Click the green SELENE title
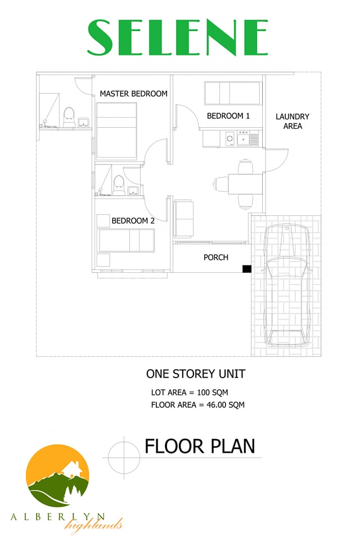(177, 37)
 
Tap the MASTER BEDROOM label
(134, 94)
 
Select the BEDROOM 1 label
(228, 116)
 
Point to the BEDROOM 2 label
(133, 220)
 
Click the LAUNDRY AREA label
(292, 121)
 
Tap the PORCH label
(216, 257)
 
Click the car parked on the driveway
(287, 285)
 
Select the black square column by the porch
(247, 269)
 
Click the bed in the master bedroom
(116, 131)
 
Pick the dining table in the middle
(245, 184)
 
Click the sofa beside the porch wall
(183, 219)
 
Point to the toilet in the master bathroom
(69, 117)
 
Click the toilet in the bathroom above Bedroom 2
(119, 185)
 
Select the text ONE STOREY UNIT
(196, 374)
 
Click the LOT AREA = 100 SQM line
(190, 393)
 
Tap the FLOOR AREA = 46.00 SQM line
(198, 405)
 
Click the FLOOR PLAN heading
(200, 446)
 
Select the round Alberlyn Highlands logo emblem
(58, 476)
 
